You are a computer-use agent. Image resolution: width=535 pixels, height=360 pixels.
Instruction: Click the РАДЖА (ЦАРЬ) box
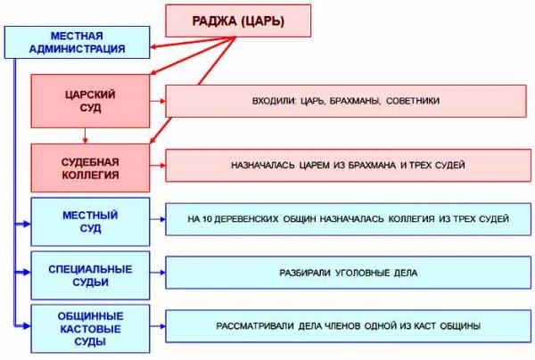tap(238, 20)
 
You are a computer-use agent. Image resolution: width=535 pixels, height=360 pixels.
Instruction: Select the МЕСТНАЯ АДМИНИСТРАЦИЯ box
tap(77, 42)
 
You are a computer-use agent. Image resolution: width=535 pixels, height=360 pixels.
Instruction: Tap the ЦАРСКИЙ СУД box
tap(90, 102)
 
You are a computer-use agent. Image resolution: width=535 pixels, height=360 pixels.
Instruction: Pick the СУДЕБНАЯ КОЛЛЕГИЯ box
tap(90, 168)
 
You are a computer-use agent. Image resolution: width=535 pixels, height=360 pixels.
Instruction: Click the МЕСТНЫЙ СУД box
tap(90, 222)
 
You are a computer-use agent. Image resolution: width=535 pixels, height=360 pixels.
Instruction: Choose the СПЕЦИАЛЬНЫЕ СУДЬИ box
tap(90, 276)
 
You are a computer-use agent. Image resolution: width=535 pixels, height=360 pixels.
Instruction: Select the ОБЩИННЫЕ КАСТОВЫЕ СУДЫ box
tap(90, 329)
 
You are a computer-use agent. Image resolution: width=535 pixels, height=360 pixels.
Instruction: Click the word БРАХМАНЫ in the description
tap(354, 101)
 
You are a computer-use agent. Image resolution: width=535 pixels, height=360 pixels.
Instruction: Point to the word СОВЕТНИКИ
tap(413, 101)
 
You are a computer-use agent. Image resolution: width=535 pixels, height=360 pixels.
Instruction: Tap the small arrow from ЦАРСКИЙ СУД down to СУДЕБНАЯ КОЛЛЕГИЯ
tap(86, 135)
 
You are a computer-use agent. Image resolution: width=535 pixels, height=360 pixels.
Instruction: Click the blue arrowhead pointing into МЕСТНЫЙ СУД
tap(27, 224)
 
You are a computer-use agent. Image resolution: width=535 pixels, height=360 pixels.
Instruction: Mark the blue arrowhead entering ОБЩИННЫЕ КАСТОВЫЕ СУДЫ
tap(27, 326)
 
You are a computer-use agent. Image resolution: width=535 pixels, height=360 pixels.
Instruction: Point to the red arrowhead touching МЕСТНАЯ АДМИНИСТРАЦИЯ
tap(153, 47)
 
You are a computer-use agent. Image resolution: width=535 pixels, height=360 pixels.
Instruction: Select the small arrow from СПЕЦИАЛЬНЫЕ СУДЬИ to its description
tap(158, 273)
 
